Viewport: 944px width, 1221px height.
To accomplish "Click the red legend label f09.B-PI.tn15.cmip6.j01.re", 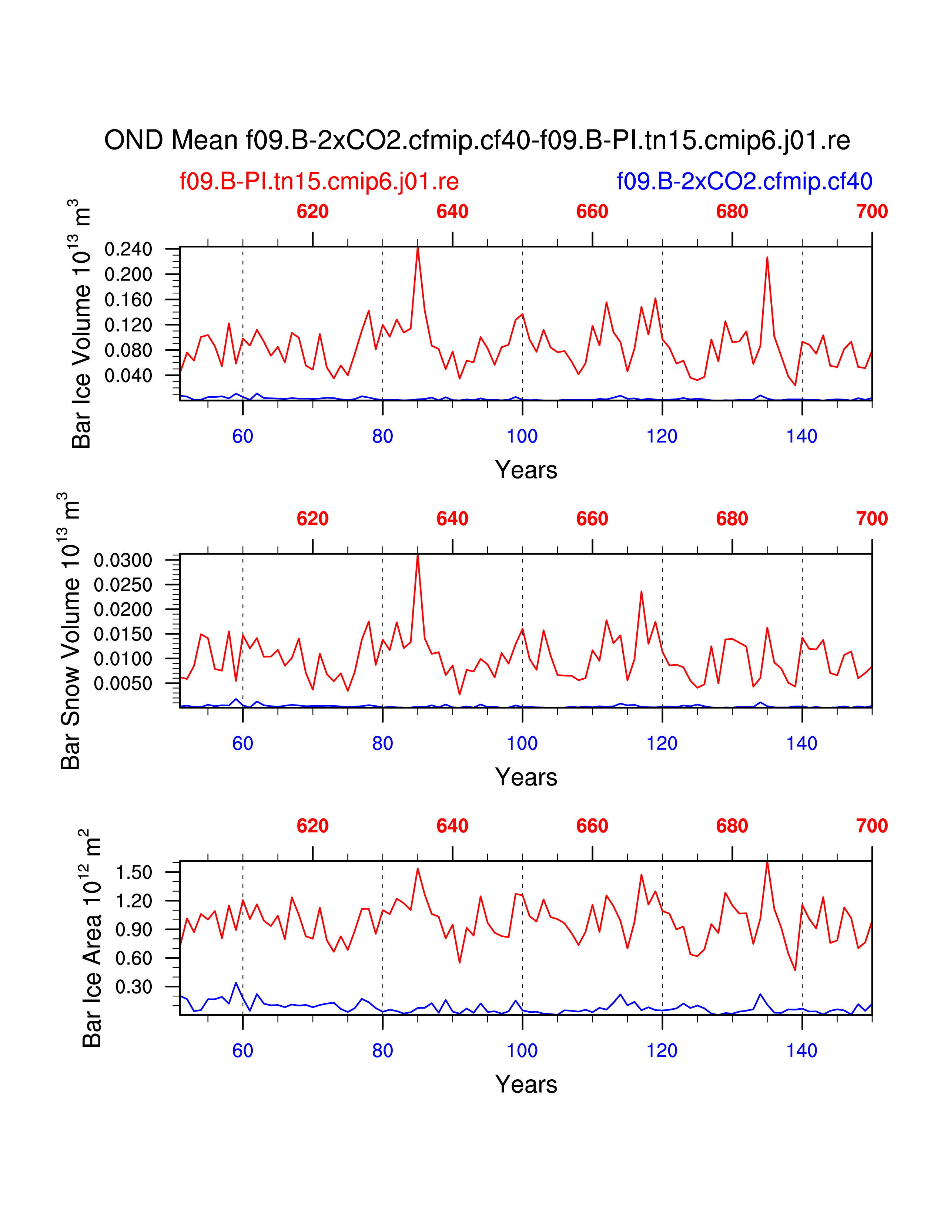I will pos(319,181).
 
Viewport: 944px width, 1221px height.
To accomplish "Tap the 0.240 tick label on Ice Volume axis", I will pos(128,249).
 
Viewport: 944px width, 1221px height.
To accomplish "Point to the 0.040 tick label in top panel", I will pos(128,376).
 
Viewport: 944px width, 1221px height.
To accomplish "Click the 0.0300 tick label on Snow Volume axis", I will pos(123,560).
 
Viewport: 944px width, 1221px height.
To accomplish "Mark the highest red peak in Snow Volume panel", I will pos(418,555).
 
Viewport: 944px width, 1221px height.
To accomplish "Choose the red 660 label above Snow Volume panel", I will pos(592,519).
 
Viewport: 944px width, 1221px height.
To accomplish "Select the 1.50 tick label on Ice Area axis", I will pos(134,872).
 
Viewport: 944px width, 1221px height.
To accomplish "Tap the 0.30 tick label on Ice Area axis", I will pos(134,987).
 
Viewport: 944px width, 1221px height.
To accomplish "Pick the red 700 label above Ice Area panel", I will pos(871,826).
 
